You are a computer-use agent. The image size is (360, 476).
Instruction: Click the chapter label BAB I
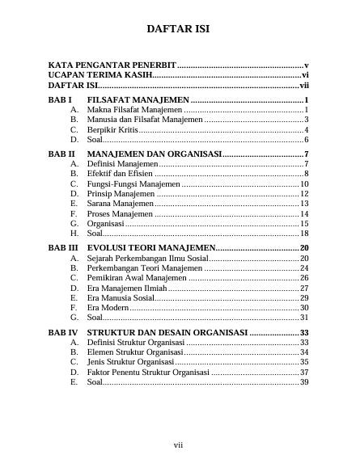pyautogui.click(x=61, y=99)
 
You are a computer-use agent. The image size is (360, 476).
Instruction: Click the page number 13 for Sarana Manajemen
pyautogui.click(x=304, y=204)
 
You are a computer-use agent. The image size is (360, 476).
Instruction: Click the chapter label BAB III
pyautogui.click(x=64, y=247)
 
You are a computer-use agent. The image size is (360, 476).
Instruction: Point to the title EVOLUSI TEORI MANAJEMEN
pyautogui.click(x=150, y=247)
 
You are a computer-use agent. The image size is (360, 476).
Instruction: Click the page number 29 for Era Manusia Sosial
pyautogui.click(x=304, y=298)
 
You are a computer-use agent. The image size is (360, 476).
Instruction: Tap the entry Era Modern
pyautogui.click(x=107, y=308)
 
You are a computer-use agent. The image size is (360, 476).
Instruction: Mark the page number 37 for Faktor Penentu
pyautogui.click(x=304, y=373)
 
